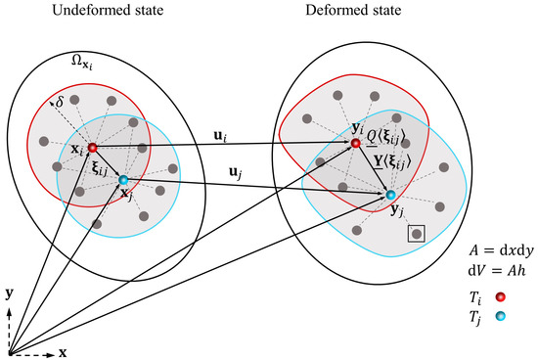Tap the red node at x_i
pos(92,148)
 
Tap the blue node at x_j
pos(122,180)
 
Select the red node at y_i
pos(357,145)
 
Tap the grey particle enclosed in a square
pos(418,234)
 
